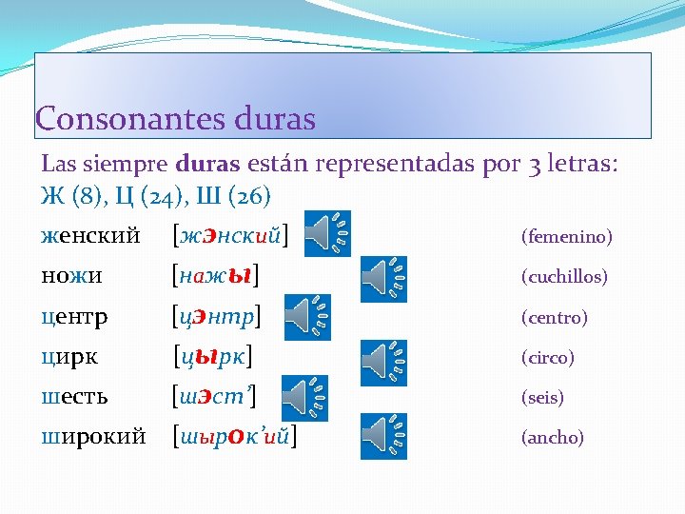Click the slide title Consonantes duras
click(x=175, y=119)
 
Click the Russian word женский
click(x=91, y=234)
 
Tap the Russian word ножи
click(x=72, y=276)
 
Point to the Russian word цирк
click(x=69, y=358)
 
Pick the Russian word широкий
click(x=93, y=438)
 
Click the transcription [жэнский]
click(x=230, y=234)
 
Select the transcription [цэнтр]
click(x=217, y=317)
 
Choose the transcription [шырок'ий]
click(x=233, y=438)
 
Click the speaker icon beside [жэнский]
click(x=327, y=233)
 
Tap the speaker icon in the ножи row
click(x=384, y=277)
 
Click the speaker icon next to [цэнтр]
click(x=308, y=317)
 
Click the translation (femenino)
click(x=566, y=236)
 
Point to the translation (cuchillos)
click(x=563, y=277)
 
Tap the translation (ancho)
click(x=552, y=438)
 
